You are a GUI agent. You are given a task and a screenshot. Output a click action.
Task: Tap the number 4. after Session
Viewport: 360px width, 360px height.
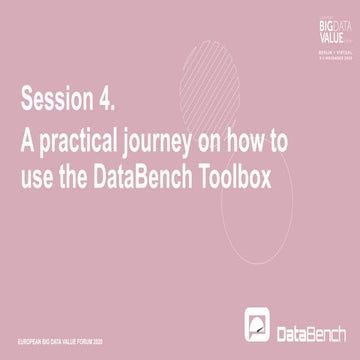coord(110,100)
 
